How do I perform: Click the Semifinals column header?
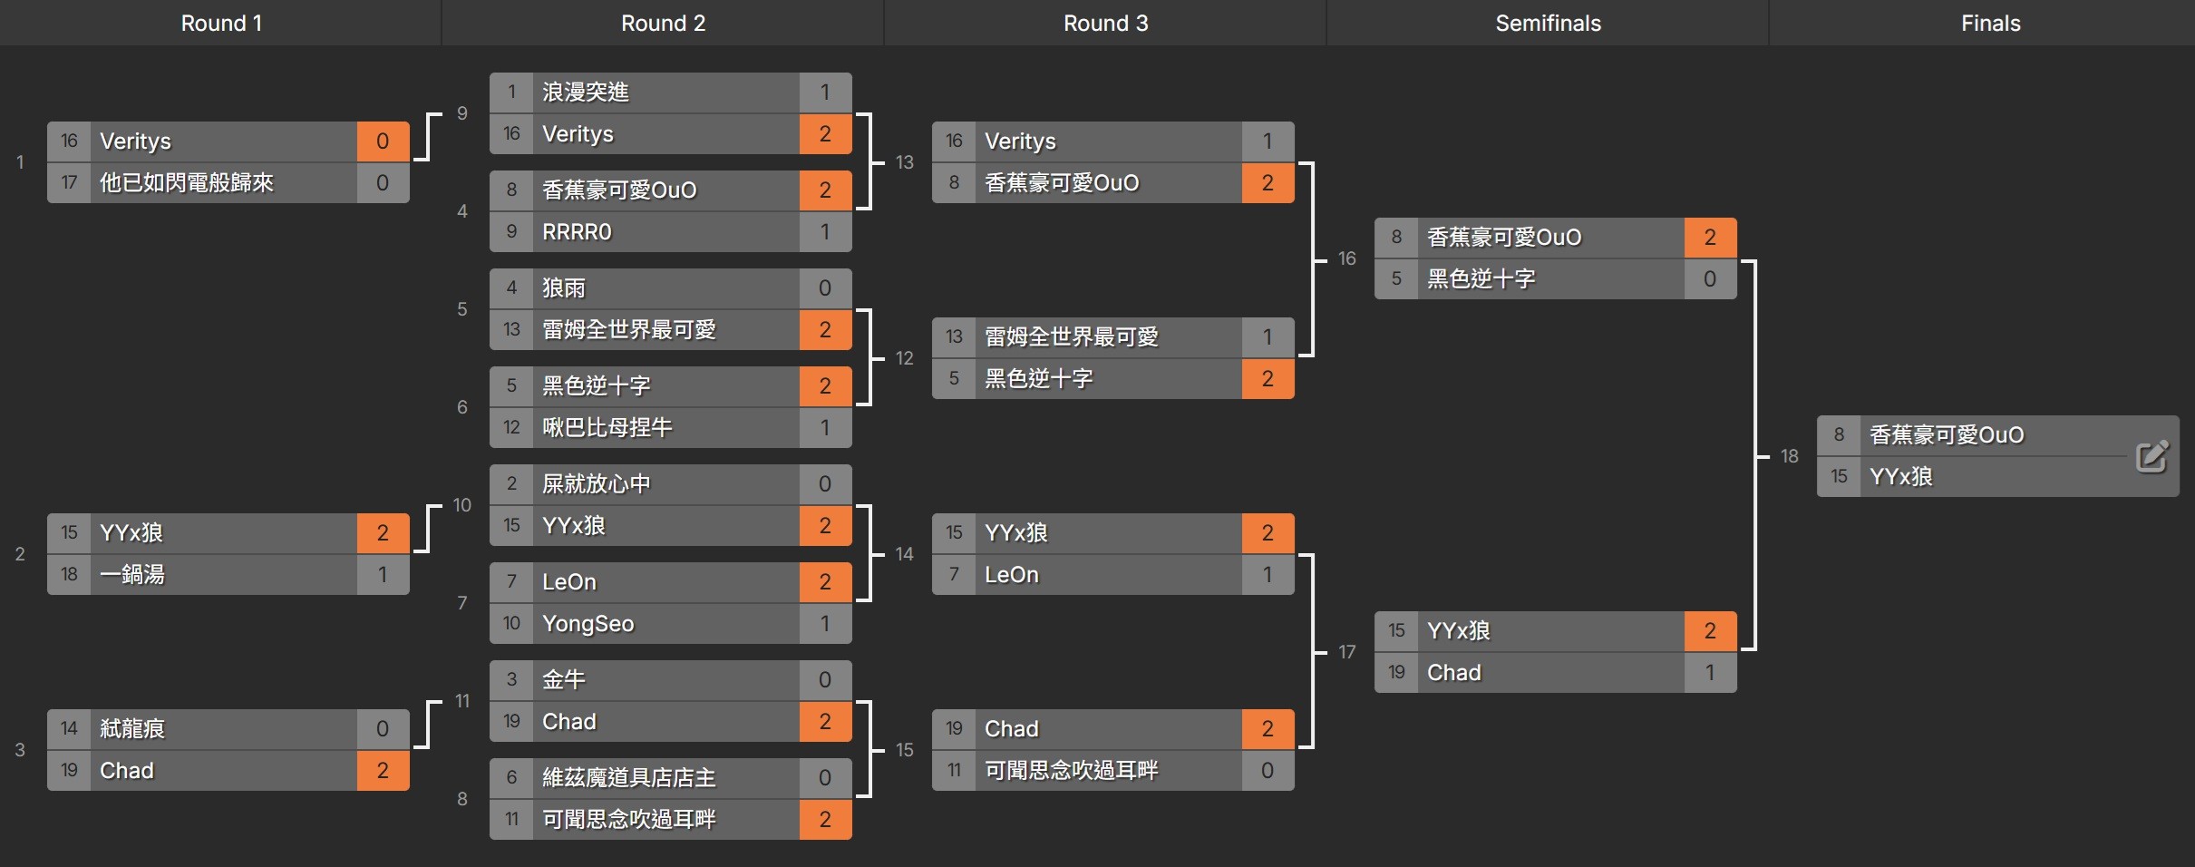click(1548, 24)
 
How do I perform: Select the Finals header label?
click(1990, 24)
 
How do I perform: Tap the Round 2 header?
click(663, 24)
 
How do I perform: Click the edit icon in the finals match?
click(2151, 456)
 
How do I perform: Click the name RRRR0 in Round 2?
click(577, 232)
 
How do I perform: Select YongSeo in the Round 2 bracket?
click(588, 624)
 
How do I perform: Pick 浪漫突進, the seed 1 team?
click(585, 93)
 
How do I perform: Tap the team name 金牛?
click(563, 680)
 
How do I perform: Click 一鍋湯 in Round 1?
click(132, 575)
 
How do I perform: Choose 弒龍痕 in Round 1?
click(132, 729)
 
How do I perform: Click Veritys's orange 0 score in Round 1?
click(383, 141)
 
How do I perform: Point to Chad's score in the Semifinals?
click(1709, 673)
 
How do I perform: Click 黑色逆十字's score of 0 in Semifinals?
click(1709, 279)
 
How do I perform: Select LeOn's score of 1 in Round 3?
click(1267, 575)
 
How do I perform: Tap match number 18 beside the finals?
click(1789, 456)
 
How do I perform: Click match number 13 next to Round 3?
click(904, 162)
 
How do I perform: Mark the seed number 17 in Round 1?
click(69, 183)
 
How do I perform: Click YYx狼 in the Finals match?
click(1900, 477)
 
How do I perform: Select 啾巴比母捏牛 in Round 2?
click(607, 428)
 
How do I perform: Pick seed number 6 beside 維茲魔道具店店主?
click(511, 778)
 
